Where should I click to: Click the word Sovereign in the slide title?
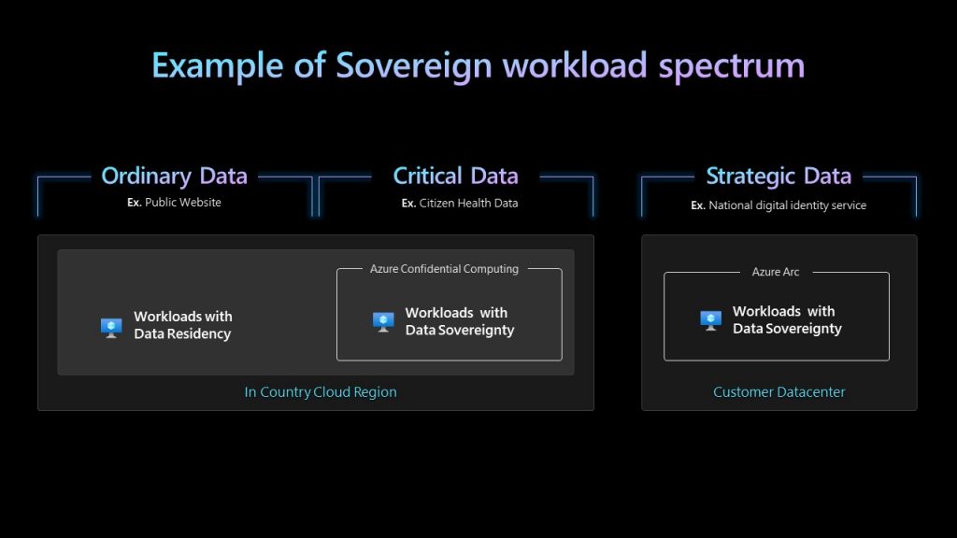tap(414, 66)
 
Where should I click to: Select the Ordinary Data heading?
tap(174, 177)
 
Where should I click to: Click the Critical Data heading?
tap(455, 176)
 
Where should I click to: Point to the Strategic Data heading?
tap(778, 177)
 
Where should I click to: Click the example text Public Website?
tap(182, 203)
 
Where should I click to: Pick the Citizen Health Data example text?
tap(468, 203)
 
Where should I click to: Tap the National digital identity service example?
tap(787, 205)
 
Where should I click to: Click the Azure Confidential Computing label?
tap(444, 269)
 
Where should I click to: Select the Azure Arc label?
tap(775, 272)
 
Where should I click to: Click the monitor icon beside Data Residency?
tap(111, 328)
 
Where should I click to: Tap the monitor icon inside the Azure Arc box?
tap(710, 320)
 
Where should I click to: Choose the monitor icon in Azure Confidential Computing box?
tap(383, 322)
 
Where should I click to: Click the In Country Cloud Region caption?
tap(321, 392)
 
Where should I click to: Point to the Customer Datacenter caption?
tap(778, 392)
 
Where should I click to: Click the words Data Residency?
tap(182, 334)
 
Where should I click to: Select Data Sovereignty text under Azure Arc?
tap(787, 329)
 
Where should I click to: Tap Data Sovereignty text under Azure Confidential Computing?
tap(460, 331)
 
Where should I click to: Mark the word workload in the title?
tap(575, 64)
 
